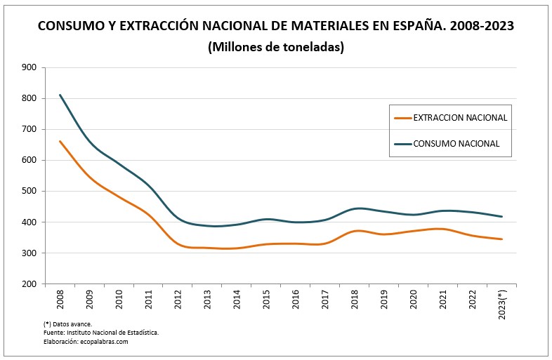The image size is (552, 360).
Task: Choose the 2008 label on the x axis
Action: pos(60,300)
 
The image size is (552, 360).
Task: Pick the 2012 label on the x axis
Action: pos(178,300)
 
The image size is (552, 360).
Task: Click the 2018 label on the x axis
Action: pos(355,300)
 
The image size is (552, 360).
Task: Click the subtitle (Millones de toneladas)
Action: pos(275,47)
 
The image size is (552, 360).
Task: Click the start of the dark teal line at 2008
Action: pos(60,95)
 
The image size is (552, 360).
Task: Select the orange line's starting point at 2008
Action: pos(60,141)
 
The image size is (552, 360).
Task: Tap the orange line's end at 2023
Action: pos(502,239)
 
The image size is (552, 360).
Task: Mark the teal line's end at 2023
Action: pos(502,217)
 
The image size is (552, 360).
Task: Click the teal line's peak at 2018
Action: pos(357,208)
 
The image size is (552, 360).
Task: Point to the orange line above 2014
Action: pos(237,248)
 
